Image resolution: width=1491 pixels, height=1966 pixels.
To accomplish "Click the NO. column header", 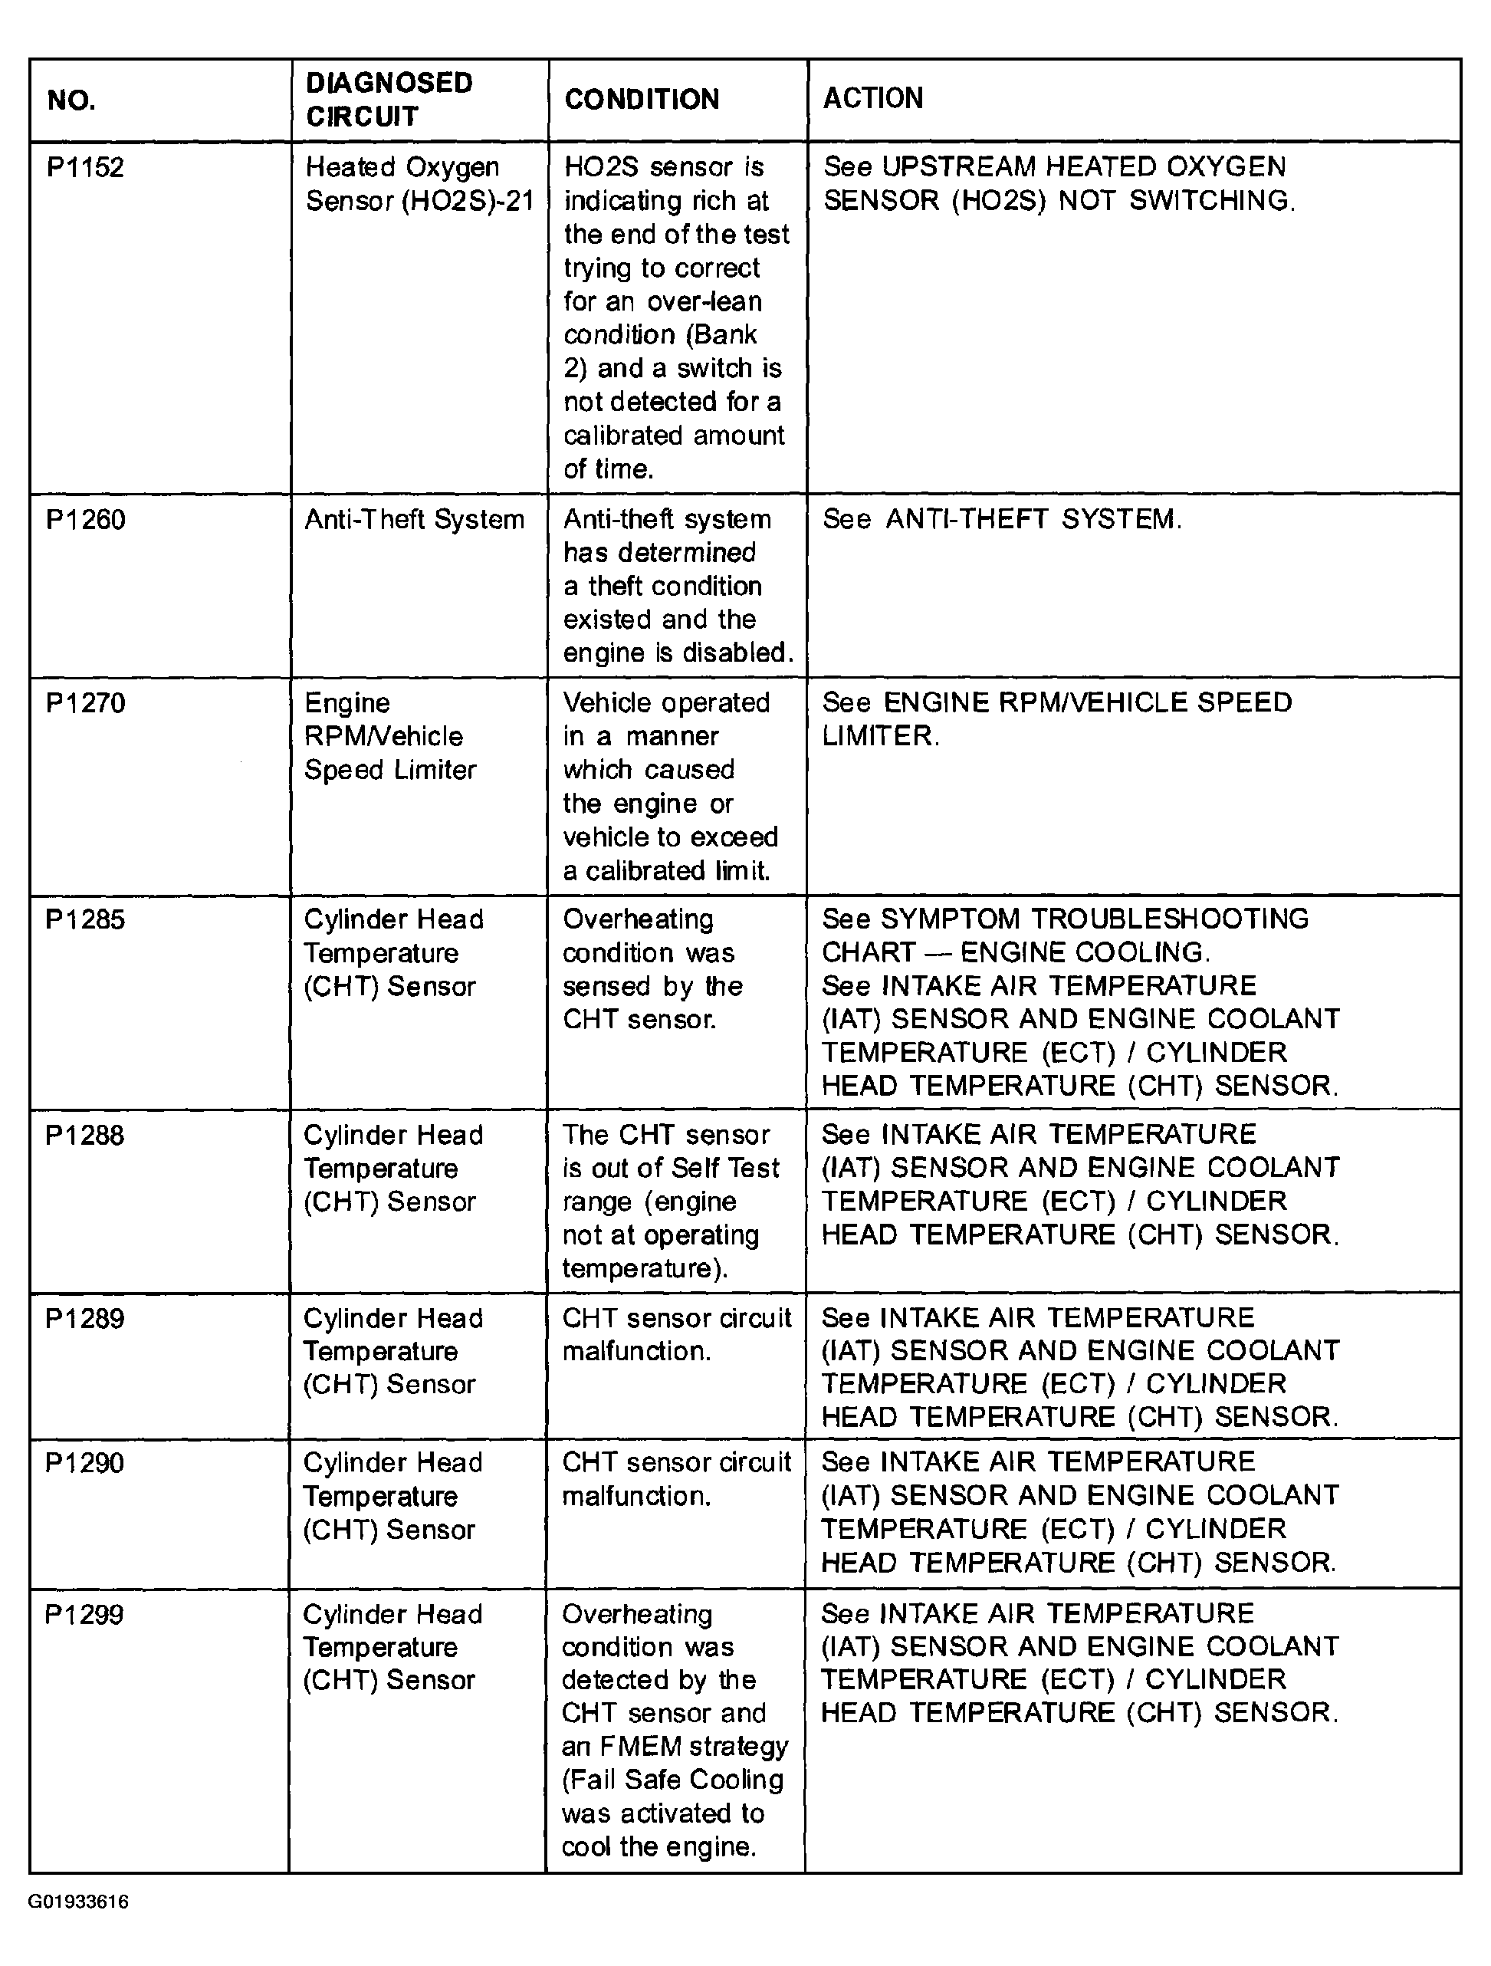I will [71, 100].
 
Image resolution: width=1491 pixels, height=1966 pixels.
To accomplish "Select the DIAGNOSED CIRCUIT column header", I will [389, 100].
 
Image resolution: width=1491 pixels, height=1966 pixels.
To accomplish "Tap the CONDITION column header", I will [642, 100].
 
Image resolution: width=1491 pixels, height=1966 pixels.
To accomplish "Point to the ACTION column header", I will [872, 98].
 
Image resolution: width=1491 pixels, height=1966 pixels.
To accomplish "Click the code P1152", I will [85, 167].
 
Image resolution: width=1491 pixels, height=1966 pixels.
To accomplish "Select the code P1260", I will [85, 519].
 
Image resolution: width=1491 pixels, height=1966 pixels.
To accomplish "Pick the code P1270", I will [85, 703].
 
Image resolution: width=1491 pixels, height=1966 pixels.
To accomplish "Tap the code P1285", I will [85, 919].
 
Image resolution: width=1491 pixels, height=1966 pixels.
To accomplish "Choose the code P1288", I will [85, 1135].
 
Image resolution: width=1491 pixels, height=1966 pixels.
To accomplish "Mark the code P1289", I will [85, 1318].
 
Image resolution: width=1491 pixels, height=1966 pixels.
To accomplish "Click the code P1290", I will [85, 1463].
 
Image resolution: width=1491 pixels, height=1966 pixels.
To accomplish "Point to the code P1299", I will [84, 1614].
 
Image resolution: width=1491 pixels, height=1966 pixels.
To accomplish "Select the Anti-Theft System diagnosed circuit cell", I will [414, 519].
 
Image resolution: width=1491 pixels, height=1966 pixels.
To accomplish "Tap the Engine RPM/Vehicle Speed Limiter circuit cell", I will [390, 736].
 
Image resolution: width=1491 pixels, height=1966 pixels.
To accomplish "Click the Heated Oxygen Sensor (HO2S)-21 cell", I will [419, 184].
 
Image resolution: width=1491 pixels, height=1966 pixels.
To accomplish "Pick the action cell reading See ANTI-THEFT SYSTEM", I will [1001, 519].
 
